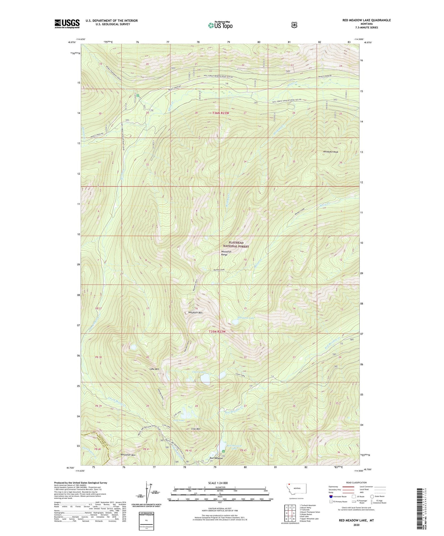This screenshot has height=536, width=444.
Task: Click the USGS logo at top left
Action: click(x=67, y=24)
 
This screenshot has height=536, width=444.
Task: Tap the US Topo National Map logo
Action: click(x=220, y=25)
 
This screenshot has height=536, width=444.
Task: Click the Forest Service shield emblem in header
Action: click(x=294, y=25)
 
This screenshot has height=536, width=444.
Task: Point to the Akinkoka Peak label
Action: click(x=330, y=152)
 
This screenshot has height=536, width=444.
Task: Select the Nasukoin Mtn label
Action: click(x=195, y=312)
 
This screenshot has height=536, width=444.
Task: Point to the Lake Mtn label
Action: click(x=155, y=369)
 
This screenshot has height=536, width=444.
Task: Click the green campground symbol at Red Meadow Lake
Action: click(x=224, y=451)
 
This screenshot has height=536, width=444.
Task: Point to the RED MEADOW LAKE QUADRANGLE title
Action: click(x=366, y=20)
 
